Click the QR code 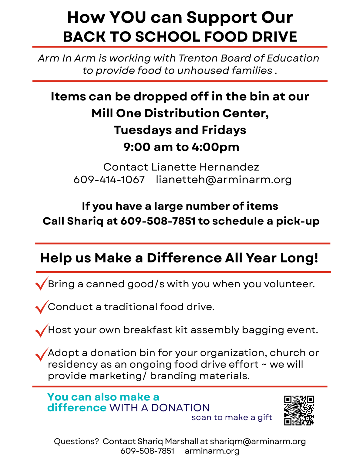pos(299,410)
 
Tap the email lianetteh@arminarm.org pos(224,180)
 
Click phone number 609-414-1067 pos(109,180)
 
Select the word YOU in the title pos(128,17)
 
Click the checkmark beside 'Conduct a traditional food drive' pos(42,307)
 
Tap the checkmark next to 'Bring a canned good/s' pos(42,284)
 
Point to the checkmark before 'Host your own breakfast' pos(42,330)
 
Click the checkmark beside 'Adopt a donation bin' pos(42,354)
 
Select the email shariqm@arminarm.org pos(257,441)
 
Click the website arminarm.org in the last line pos(212,451)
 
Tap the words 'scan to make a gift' pos(232,417)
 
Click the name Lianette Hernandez pos(205,167)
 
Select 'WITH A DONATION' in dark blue pos(160,407)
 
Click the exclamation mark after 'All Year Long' pos(316,258)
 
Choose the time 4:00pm pos(215,147)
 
